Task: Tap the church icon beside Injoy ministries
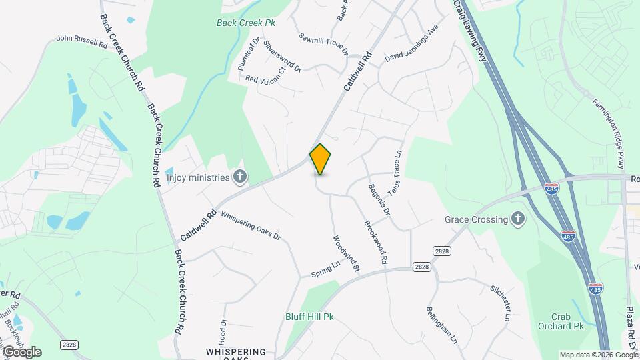click(240, 177)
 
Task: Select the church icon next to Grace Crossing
click(517, 219)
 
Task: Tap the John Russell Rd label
click(82, 41)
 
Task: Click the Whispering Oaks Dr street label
click(251, 226)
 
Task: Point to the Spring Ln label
click(325, 269)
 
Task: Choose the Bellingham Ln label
click(442, 325)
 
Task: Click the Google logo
click(21, 351)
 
